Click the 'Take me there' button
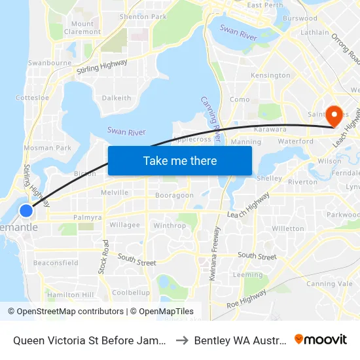pos(180,161)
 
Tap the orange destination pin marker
pos(334,115)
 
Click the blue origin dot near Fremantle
pos(26,211)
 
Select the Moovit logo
pos(321,339)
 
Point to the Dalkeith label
pos(117,98)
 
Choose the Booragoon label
pos(174,195)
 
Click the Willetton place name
pos(288,228)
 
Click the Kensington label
pos(270,75)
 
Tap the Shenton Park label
pos(143,16)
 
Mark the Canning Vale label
pos(329,283)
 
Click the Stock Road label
pos(105,256)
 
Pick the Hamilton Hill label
pos(70,295)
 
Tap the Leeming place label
pos(248,275)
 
